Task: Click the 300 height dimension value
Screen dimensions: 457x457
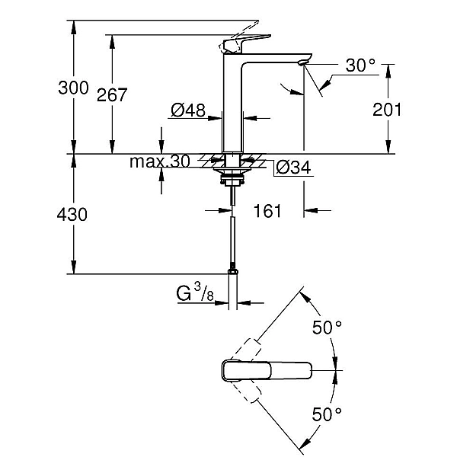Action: click(x=73, y=87)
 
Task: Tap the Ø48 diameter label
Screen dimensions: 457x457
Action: click(x=188, y=111)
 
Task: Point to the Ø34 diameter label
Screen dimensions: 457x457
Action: click(x=292, y=167)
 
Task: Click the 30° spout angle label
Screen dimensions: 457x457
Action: click(x=360, y=66)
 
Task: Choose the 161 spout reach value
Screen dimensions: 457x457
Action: click(x=267, y=211)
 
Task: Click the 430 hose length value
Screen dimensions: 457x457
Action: click(x=73, y=215)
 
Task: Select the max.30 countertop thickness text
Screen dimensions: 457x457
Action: click(x=159, y=161)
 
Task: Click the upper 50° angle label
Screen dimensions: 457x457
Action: click(x=327, y=328)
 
